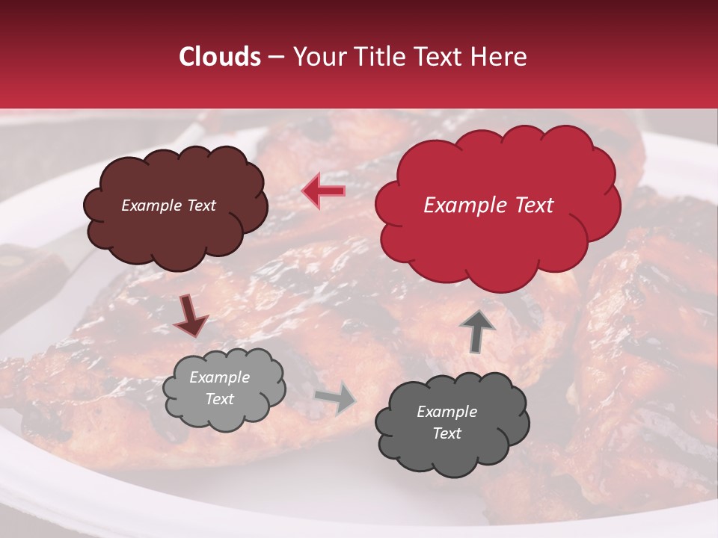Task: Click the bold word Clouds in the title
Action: click(220, 57)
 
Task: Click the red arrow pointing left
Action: click(323, 191)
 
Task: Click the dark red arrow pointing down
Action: click(191, 316)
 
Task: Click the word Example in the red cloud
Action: click(461, 205)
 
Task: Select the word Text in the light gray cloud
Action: click(219, 399)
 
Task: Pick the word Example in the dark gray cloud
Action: click(447, 412)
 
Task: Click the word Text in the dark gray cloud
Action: click(447, 433)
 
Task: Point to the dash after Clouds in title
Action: click(275, 58)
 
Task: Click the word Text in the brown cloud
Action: click(200, 205)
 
